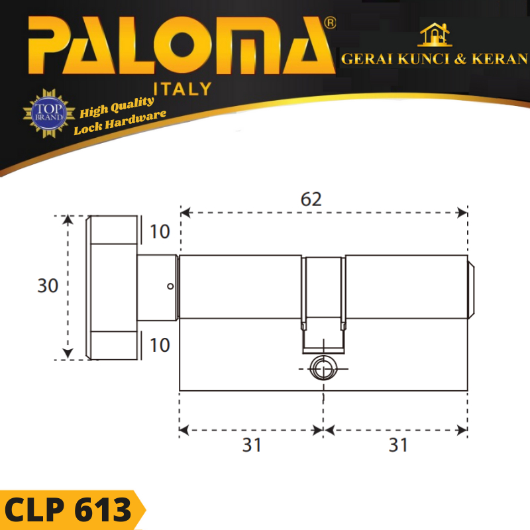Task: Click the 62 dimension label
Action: point(311,199)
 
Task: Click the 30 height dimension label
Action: point(48,286)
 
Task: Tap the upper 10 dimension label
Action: point(160,231)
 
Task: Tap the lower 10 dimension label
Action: point(160,345)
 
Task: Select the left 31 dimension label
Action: point(252,445)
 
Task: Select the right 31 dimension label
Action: point(398,445)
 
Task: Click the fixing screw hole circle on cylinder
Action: point(323,368)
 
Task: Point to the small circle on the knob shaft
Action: point(170,286)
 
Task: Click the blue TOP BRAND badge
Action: point(49,113)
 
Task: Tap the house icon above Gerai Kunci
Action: point(435,35)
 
